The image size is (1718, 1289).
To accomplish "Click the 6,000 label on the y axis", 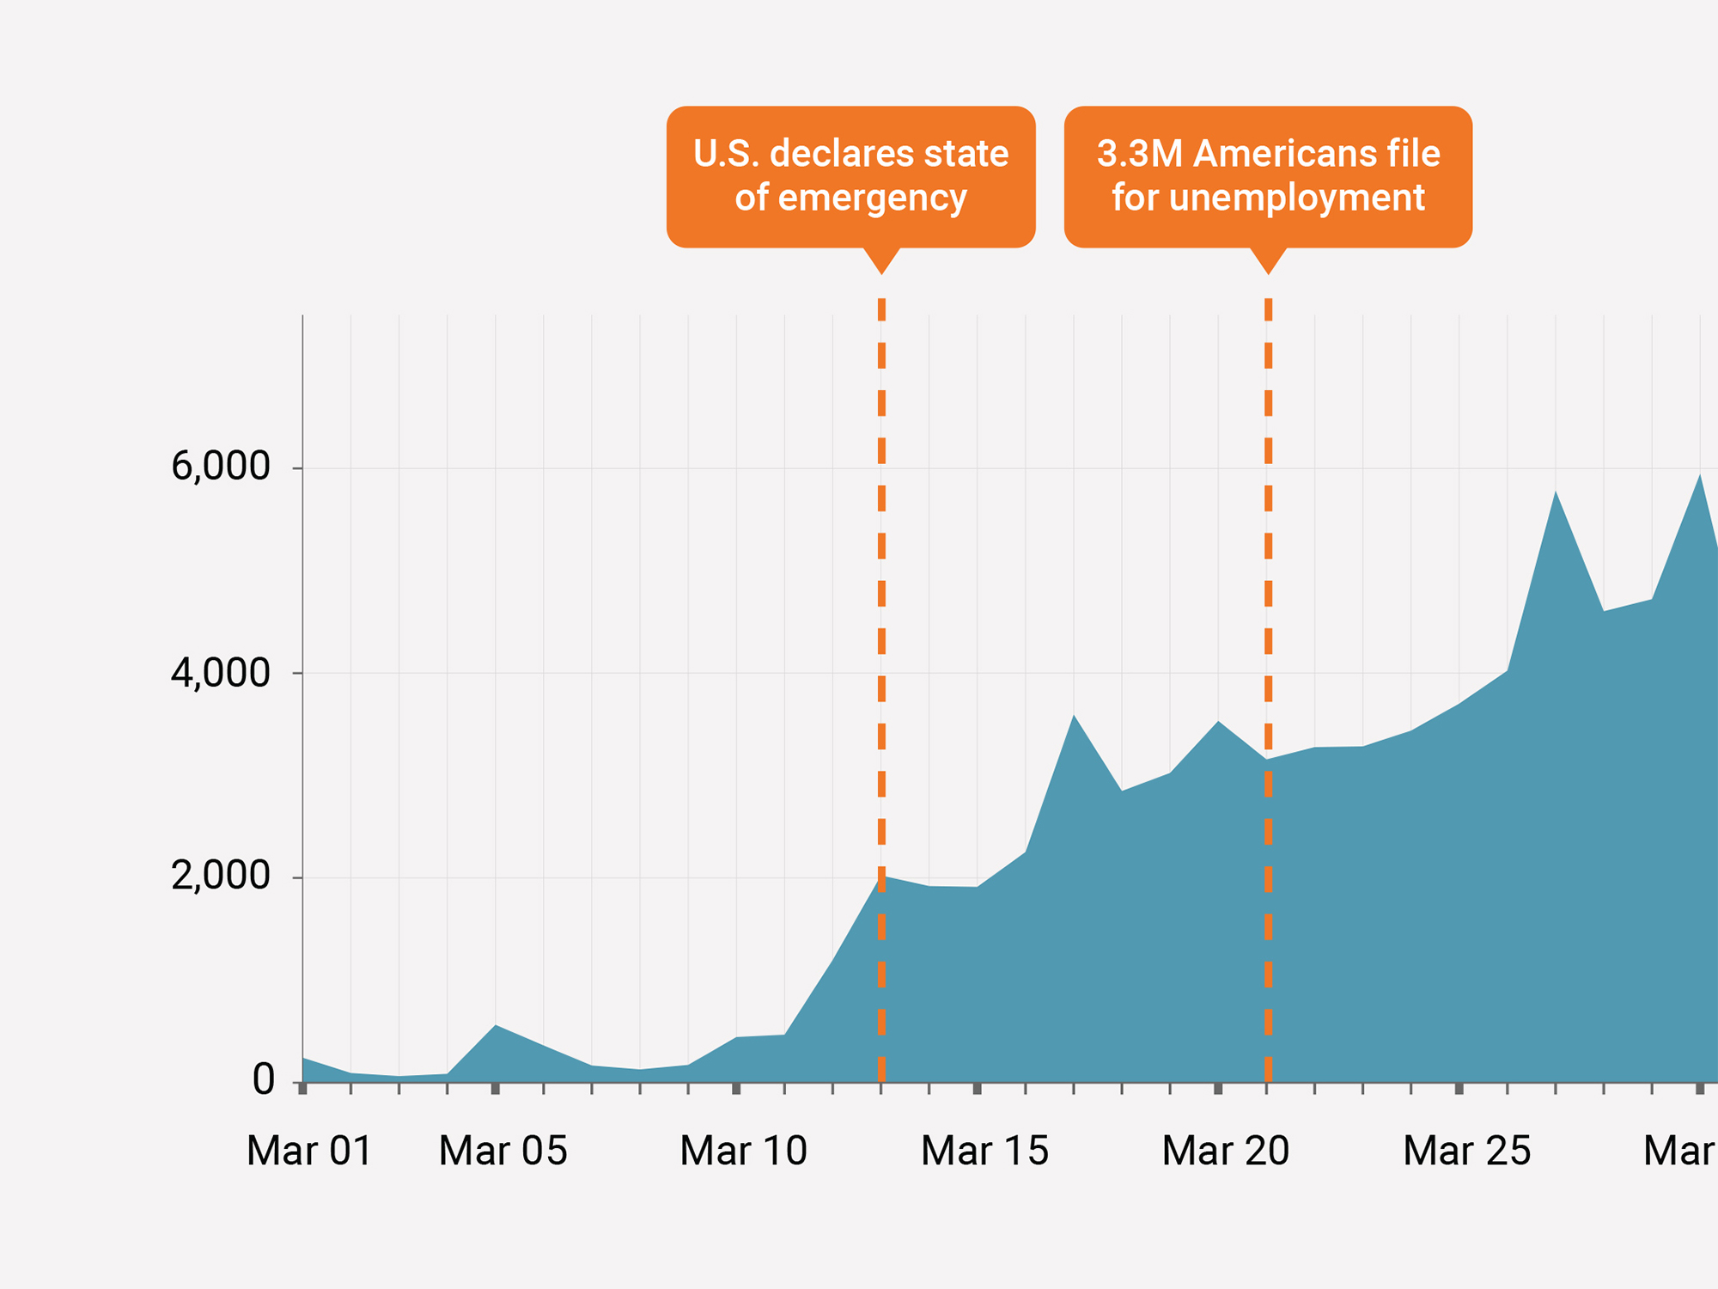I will [x=221, y=467].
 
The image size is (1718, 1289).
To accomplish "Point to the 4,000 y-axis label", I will [x=221, y=673].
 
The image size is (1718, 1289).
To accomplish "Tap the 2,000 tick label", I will [x=221, y=877].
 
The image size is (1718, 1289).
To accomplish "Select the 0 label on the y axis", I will [x=264, y=1080].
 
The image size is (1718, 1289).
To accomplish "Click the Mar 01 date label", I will [x=309, y=1152].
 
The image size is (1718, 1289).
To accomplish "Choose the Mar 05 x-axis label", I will [x=503, y=1152].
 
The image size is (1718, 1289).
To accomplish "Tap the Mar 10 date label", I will [x=743, y=1152].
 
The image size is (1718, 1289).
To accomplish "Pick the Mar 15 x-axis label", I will [x=984, y=1152].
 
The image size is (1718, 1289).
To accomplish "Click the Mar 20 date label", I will [x=1226, y=1152].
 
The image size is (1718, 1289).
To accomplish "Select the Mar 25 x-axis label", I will [x=1466, y=1152].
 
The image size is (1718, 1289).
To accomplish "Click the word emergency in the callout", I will [x=872, y=199].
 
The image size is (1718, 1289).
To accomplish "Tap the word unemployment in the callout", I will [x=1297, y=199].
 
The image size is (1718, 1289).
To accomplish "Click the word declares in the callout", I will [x=830, y=155].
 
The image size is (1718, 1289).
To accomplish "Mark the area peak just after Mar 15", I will [x=1074, y=716].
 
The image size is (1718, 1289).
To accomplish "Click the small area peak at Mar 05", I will [x=496, y=1025].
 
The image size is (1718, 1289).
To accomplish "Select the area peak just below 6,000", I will [x=1699, y=475].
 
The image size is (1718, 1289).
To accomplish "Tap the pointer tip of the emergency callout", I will [x=881, y=273].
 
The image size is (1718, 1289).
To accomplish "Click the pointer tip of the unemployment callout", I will [x=1268, y=273].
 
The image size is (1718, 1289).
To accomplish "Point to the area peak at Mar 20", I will [x=1218, y=722].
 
